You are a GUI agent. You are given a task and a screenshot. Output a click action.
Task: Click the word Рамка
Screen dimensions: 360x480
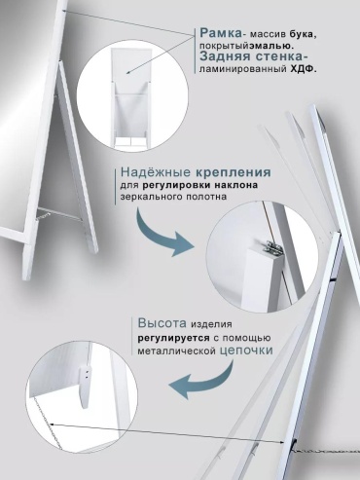(x=221, y=33)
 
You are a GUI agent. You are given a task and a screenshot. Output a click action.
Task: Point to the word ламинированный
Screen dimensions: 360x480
(x=242, y=69)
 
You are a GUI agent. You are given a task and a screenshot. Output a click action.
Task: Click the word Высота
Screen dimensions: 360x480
(x=162, y=323)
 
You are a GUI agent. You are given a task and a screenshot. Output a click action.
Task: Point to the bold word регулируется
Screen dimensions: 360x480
(x=174, y=338)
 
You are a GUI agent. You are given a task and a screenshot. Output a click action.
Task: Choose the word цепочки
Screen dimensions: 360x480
(x=246, y=351)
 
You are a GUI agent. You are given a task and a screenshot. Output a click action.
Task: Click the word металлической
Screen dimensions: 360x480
(x=177, y=351)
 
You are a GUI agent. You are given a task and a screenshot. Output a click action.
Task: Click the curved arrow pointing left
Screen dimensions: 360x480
(x=203, y=382)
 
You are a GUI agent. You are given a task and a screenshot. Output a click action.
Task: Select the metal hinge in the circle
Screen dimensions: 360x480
(x=271, y=249)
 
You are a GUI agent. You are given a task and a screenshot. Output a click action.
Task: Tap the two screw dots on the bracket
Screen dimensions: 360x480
(x=87, y=375)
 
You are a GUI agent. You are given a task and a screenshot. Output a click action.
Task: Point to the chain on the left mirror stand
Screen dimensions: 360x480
(x=58, y=215)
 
